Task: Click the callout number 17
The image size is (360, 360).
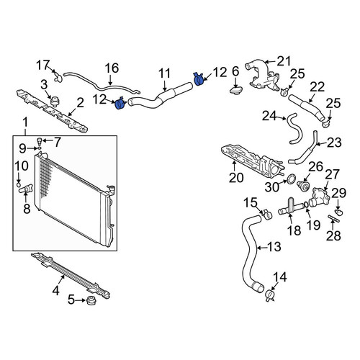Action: pos(42,65)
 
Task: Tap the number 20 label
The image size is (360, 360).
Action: pos(236,178)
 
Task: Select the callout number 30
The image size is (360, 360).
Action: pos(272,187)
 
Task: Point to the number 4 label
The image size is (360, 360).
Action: pos(55,291)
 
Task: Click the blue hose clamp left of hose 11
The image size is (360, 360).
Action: pos(121,104)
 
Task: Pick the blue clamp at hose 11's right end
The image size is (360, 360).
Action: pos(198,78)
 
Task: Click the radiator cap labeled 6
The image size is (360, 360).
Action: pos(236,91)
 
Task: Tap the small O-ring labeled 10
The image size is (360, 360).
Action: pos(19,184)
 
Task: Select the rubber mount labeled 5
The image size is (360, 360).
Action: pos(91,300)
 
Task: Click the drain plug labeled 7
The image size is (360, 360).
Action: pos(40,141)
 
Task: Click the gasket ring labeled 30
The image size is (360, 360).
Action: pos(291,179)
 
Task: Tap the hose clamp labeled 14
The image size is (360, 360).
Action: pos(270,295)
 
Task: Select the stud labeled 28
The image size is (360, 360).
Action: pos(333,219)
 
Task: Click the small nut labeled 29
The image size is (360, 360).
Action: pos(338,212)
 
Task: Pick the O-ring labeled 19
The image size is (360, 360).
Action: pos(307,204)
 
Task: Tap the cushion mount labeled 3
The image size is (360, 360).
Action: pos(55,102)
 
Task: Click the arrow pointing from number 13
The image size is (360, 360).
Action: pos(261,247)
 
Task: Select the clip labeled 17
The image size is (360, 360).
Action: pos(58,76)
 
